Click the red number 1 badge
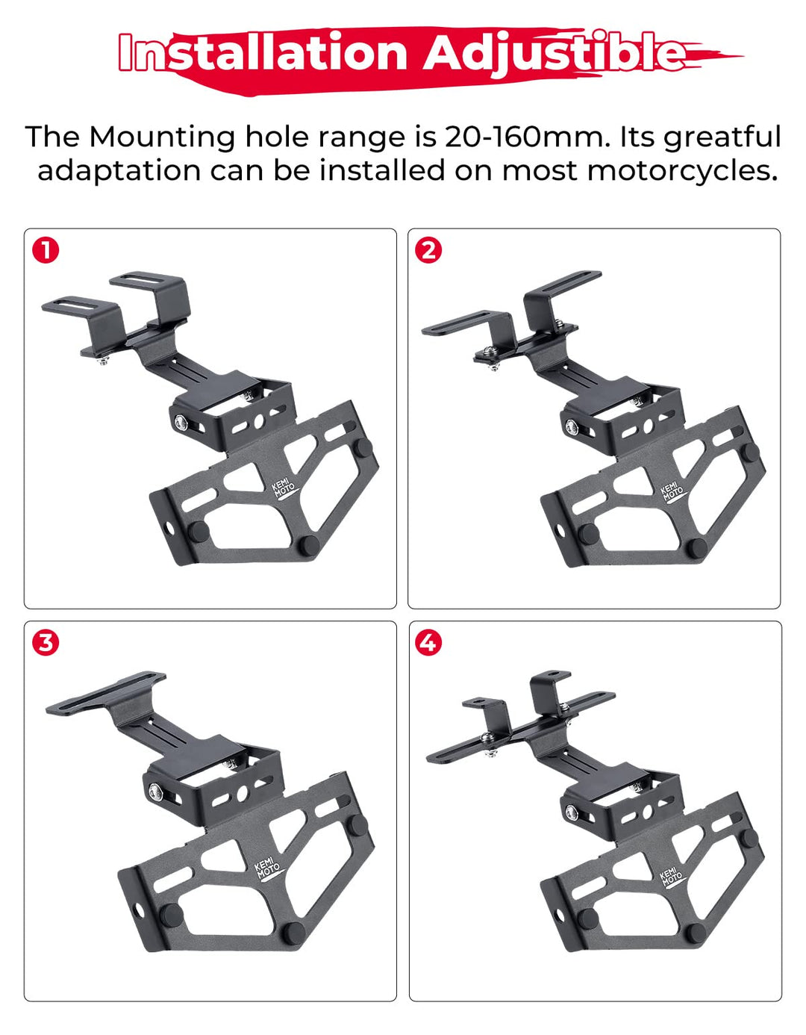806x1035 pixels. (46, 250)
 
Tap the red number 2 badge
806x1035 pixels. (428, 250)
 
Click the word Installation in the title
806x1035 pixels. (263, 52)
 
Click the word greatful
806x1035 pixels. (722, 138)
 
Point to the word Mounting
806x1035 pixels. (162, 138)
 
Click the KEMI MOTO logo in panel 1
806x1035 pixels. (283, 489)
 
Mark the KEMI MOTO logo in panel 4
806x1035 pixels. (671, 877)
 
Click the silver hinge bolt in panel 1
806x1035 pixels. (181, 421)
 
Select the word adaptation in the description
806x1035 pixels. (119, 172)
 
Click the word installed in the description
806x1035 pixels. (382, 171)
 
